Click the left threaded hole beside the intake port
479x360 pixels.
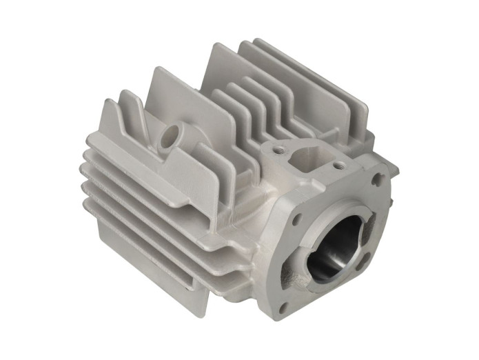[x=278, y=148]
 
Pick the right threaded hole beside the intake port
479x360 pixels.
[x=337, y=166]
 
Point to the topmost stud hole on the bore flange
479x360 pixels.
[x=376, y=179]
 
